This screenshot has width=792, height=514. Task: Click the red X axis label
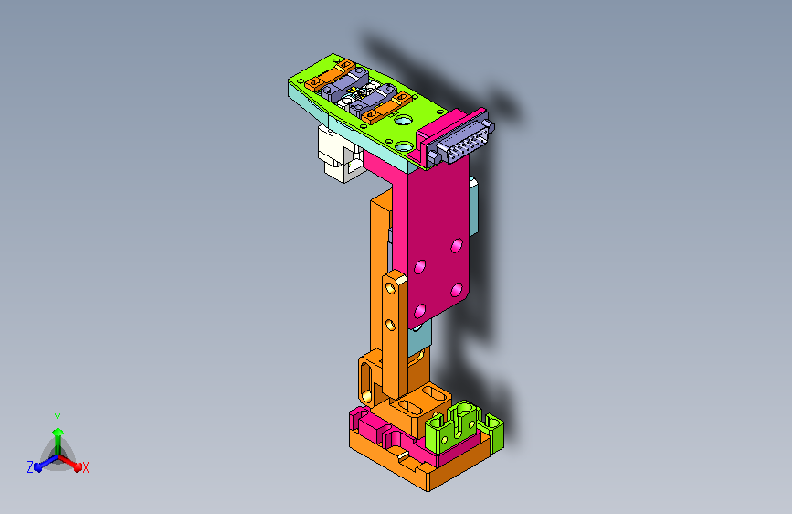[x=85, y=467]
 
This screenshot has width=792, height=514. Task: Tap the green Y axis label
[x=58, y=419]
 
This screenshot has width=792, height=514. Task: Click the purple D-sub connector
[x=460, y=141]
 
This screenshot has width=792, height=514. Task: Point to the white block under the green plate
[x=340, y=155]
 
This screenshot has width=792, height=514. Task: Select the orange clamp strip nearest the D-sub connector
[x=387, y=107]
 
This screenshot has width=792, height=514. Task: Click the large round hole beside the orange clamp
[x=404, y=121]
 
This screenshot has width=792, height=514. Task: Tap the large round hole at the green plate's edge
[x=405, y=147]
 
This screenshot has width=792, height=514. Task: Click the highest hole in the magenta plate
[x=457, y=245]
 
